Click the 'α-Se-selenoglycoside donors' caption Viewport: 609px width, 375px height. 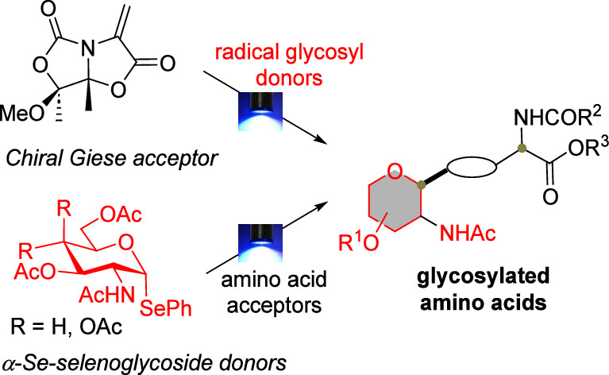(112, 363)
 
